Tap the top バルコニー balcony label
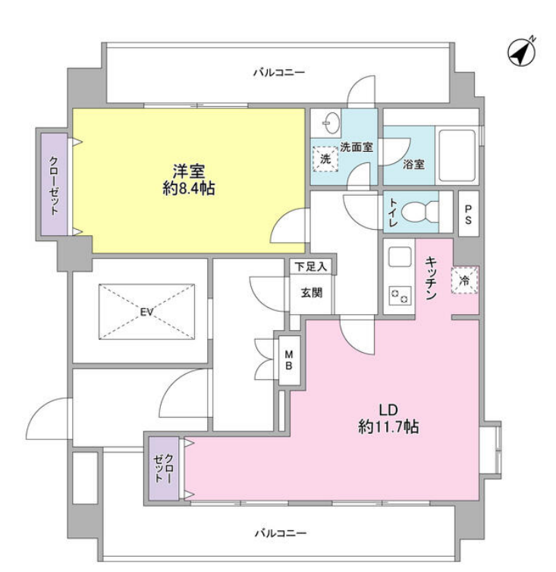click(278, 73)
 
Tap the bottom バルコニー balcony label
click(281, 533)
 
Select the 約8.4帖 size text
click(188, 189)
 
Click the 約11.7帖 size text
click(388, 427)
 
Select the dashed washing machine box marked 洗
click(324, 159)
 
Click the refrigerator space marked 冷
click(463, 280)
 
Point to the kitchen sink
click(397, 258)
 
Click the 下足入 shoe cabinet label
click(311, 266)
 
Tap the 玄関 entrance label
click(311, 292)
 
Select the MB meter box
click(290, 361)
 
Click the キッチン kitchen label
click(430, 276)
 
